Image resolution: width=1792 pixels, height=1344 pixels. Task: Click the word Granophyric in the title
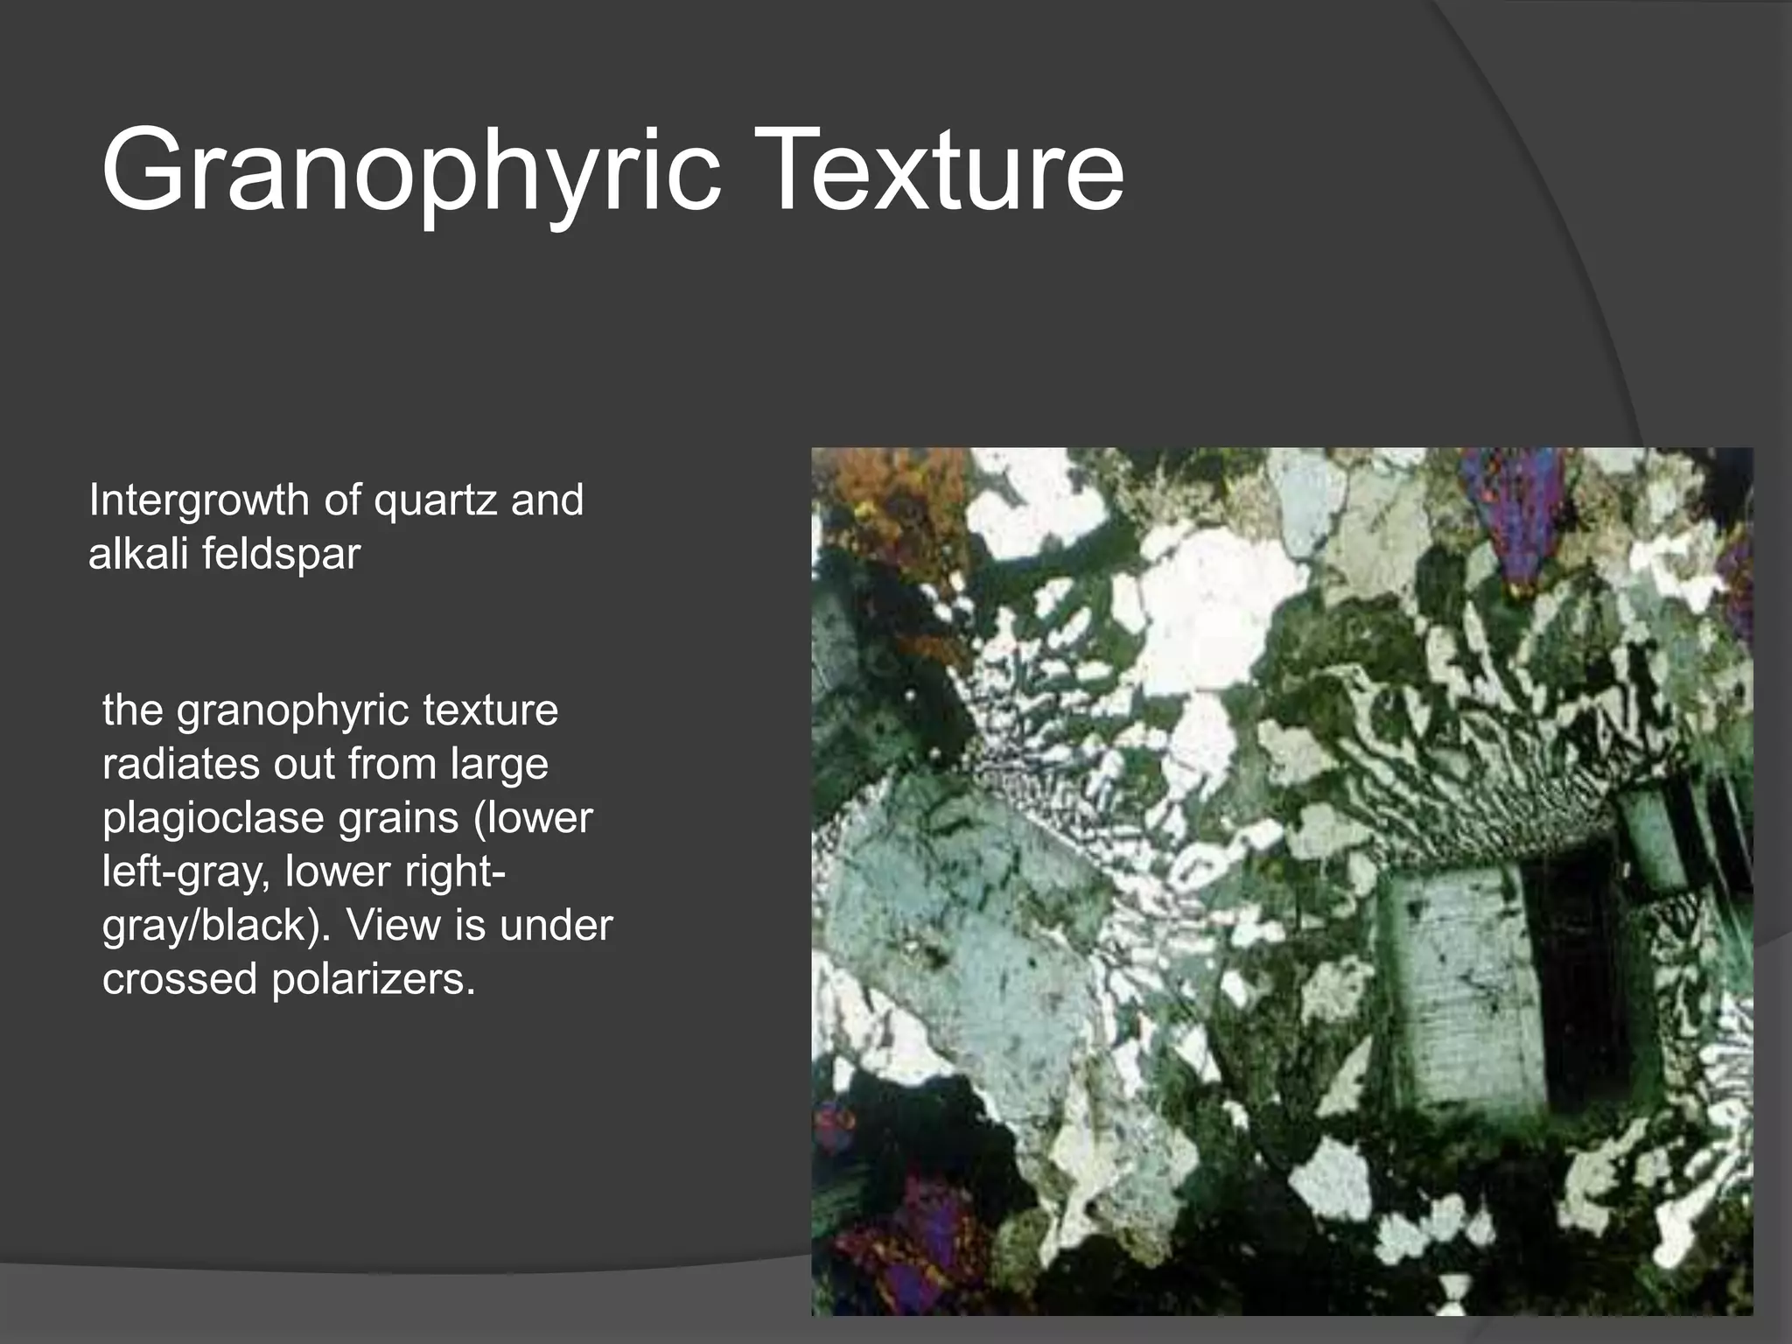click(x=411, y=171)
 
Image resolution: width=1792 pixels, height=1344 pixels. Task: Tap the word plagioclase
click(x=213, y=819)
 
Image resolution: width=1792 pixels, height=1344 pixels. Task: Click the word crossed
click(x=180, y=978)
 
